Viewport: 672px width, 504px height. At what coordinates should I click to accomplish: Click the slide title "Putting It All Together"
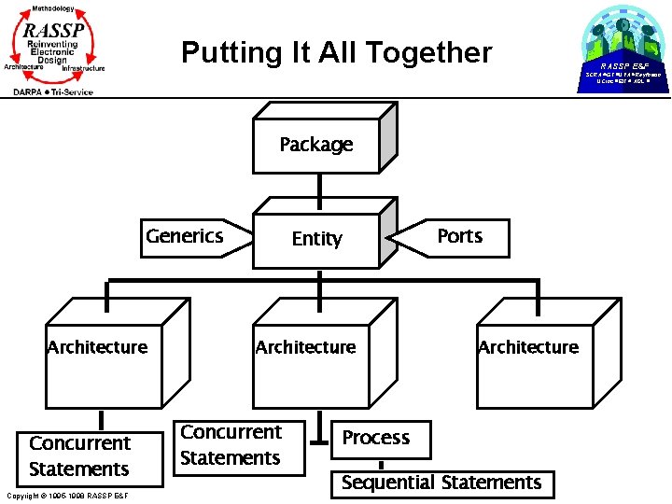[x=336, y=52]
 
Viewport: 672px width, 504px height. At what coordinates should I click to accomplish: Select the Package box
[x=316, y=145]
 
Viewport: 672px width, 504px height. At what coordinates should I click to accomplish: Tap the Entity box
[x=316, y=239]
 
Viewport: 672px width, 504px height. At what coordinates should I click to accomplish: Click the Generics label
[x=185, y=235]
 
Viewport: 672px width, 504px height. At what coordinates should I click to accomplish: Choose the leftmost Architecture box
[x=97, y=347]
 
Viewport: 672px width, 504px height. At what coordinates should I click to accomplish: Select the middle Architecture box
[x=306, y=347]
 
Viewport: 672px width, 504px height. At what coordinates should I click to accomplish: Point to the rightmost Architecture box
[x=528, y=347]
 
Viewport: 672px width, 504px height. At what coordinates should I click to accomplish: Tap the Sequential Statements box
[x=441, y=483]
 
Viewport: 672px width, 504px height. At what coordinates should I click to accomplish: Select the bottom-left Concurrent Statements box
[x=81, y=456]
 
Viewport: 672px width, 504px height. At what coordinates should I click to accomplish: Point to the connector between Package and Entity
[x=317, y=188]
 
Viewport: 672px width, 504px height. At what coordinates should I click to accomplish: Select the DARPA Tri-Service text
[x=53, y=91]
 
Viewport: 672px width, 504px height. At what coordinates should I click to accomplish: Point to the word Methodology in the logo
[x=52, y=7]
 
